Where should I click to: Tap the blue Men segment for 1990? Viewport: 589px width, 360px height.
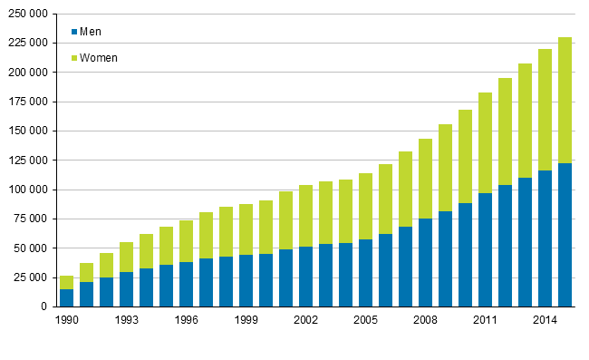coord(67,297)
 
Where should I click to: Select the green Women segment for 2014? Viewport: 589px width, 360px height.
coord(546,110)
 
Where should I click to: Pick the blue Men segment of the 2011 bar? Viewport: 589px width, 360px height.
coord(486,249)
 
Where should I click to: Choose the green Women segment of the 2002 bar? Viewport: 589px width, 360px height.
coord(306,216)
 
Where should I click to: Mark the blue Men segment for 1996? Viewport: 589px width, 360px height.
coord(187,284)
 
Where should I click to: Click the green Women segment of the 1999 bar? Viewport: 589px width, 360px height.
coord(246,230)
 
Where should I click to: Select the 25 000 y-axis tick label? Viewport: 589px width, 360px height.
coord(32,277)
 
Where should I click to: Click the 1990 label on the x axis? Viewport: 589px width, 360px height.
coord(67,320)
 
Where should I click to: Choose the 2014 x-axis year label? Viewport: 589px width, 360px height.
coord(546,320)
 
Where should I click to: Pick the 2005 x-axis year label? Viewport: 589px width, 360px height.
coord(366,320)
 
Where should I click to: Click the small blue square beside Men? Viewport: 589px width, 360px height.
coord(74,32)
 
